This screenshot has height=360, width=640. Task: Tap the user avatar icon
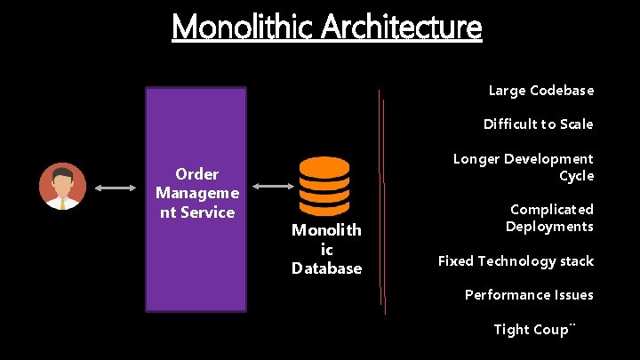(x=63, y=187)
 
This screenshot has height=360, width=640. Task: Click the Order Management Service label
(x=196, y=193)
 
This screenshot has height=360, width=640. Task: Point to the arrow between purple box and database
(x=274, y=187)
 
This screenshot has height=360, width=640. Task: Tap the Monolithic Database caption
(x=327, y=250)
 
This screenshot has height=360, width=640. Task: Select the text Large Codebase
(x=541, y=91)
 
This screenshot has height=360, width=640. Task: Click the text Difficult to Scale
(x=539, y=124)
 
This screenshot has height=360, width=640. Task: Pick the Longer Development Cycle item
(x=524, y=167)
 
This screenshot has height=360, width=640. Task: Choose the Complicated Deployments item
(x=549, y=218)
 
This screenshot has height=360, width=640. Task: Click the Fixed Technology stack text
(x=516, y=261)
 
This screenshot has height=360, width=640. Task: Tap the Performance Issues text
(x=529, y=295)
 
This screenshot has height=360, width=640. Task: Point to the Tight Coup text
(x=533, y=330)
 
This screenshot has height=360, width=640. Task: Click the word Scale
(x=575, y=124)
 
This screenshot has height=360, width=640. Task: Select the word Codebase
(x=562, y=91)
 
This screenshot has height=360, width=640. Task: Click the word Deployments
(x=549, y=227)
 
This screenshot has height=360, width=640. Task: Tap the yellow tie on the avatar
(x=63, y=203)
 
